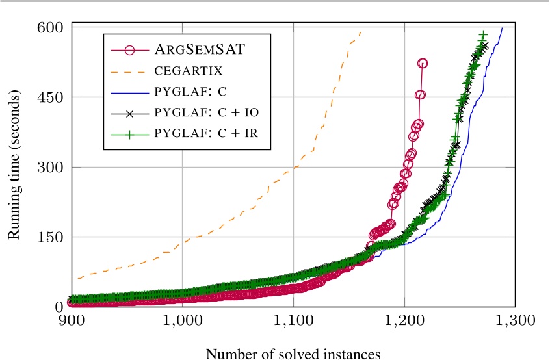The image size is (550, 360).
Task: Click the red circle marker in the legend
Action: tap(129, 50)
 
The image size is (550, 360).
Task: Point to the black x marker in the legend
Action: tap(129, 113)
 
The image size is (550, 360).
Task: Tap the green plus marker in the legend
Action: tap(129, 134)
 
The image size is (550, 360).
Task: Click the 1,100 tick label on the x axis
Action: tap(293, 320)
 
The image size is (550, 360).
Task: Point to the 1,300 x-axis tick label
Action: tap(516, 320)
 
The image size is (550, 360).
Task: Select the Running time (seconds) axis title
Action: tap(14, 166)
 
